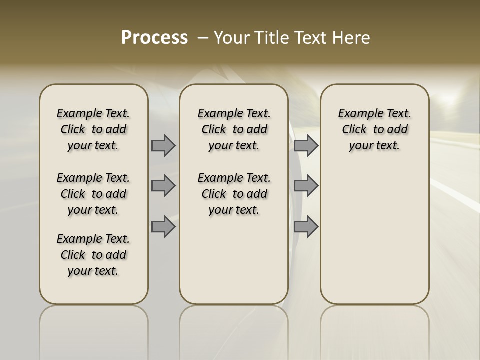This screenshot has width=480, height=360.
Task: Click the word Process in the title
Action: tap(154, 38)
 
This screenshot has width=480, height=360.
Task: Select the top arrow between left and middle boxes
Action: tap(163, 145)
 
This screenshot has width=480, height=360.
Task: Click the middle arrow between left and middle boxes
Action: tap(163, 186)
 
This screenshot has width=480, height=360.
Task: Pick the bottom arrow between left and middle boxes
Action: tap(163, 226)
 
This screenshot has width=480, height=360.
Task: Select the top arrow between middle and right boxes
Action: tap(306, 145)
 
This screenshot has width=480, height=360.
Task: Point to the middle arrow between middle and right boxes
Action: tap(306, 186)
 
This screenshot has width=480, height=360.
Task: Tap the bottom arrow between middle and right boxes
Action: tap(306, 226)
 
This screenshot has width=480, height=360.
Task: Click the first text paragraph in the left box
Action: tap(93, 129)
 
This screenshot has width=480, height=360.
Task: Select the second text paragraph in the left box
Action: tap(93, 194)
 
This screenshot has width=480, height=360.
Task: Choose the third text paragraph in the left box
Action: tap(93, 255)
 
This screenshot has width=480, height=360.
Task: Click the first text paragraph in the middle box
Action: tap(234, 129)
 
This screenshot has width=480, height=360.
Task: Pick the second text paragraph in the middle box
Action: tap(234, 194)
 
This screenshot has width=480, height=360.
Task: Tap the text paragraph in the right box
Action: tap(375, 129)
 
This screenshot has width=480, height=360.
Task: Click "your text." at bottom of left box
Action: tap(93, 271)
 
